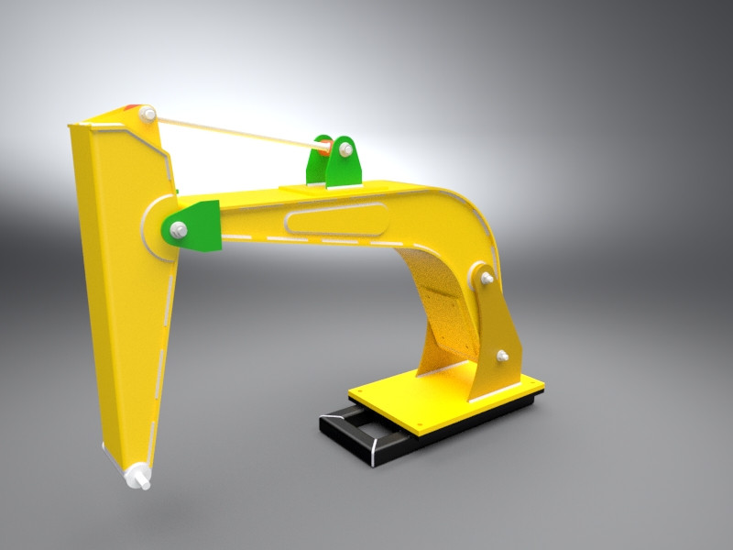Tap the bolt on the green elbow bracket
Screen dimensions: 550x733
click(178, 228)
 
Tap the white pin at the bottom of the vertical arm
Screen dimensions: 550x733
click(139, 478)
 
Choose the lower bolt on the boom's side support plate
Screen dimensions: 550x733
click(502, 355)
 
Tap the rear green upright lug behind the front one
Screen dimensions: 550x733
click(316, 163)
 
